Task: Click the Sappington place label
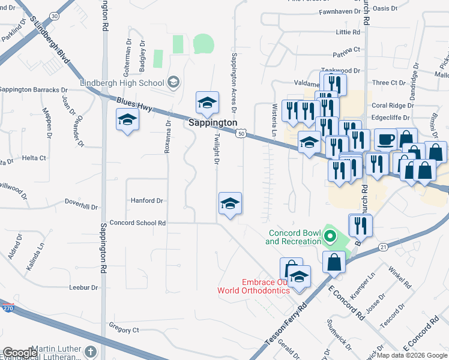pos(213,122)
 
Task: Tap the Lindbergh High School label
pos(122,83)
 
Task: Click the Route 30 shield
pos(55,16)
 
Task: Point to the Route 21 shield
pos(382,246)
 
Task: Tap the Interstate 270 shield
pos(7,308)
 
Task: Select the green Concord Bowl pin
pos(328,236)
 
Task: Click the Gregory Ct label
pos(124,329)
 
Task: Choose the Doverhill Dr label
pos(80,206)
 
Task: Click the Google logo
pos(20,353)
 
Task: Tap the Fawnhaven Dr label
pos(339,11)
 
